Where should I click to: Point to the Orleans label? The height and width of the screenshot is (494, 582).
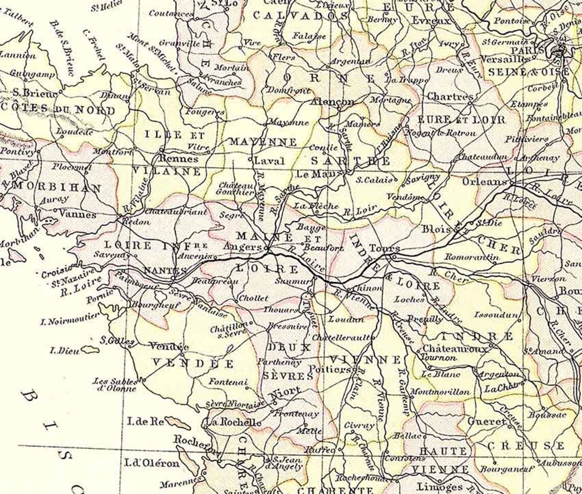point(484,182)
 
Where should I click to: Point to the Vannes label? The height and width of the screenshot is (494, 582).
point(78,214)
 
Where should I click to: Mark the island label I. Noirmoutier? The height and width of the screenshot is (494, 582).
point(70,318)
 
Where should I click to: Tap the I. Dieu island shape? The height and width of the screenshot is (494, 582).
point(90,350)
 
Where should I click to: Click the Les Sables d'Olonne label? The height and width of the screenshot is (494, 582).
point(114,384)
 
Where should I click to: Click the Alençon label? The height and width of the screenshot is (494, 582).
point(332,102)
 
